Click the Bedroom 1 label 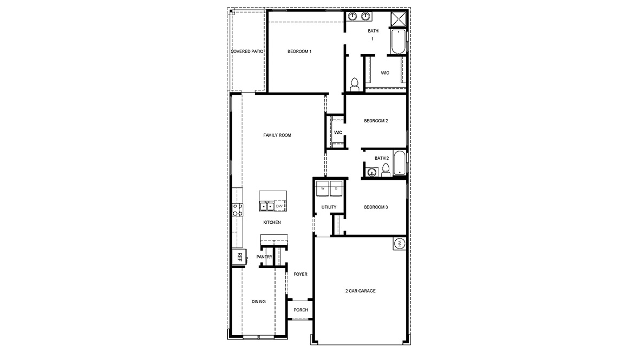(x=299, y=51)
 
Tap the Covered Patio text (x=247, y=51)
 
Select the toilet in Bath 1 (x=355, y=84)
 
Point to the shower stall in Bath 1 (x=399, y=19)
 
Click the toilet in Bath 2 (x=386, y=171)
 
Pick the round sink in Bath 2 (x=372, y=172)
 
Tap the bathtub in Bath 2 (x=400, y=163)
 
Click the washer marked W (x=323, y=189)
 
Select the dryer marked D (x=336, y=189)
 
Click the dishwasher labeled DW (x=279, y=206)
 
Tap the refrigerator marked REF (x=238, y=257)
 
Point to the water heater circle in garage (x=400, y=244)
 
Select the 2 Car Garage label (x=360, y=291)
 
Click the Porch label (x=301, y=310)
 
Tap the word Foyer (x=301, y=274)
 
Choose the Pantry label (x=264, y=257)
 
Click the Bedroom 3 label (x=376, y=207)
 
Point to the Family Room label (x=277, y=135)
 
